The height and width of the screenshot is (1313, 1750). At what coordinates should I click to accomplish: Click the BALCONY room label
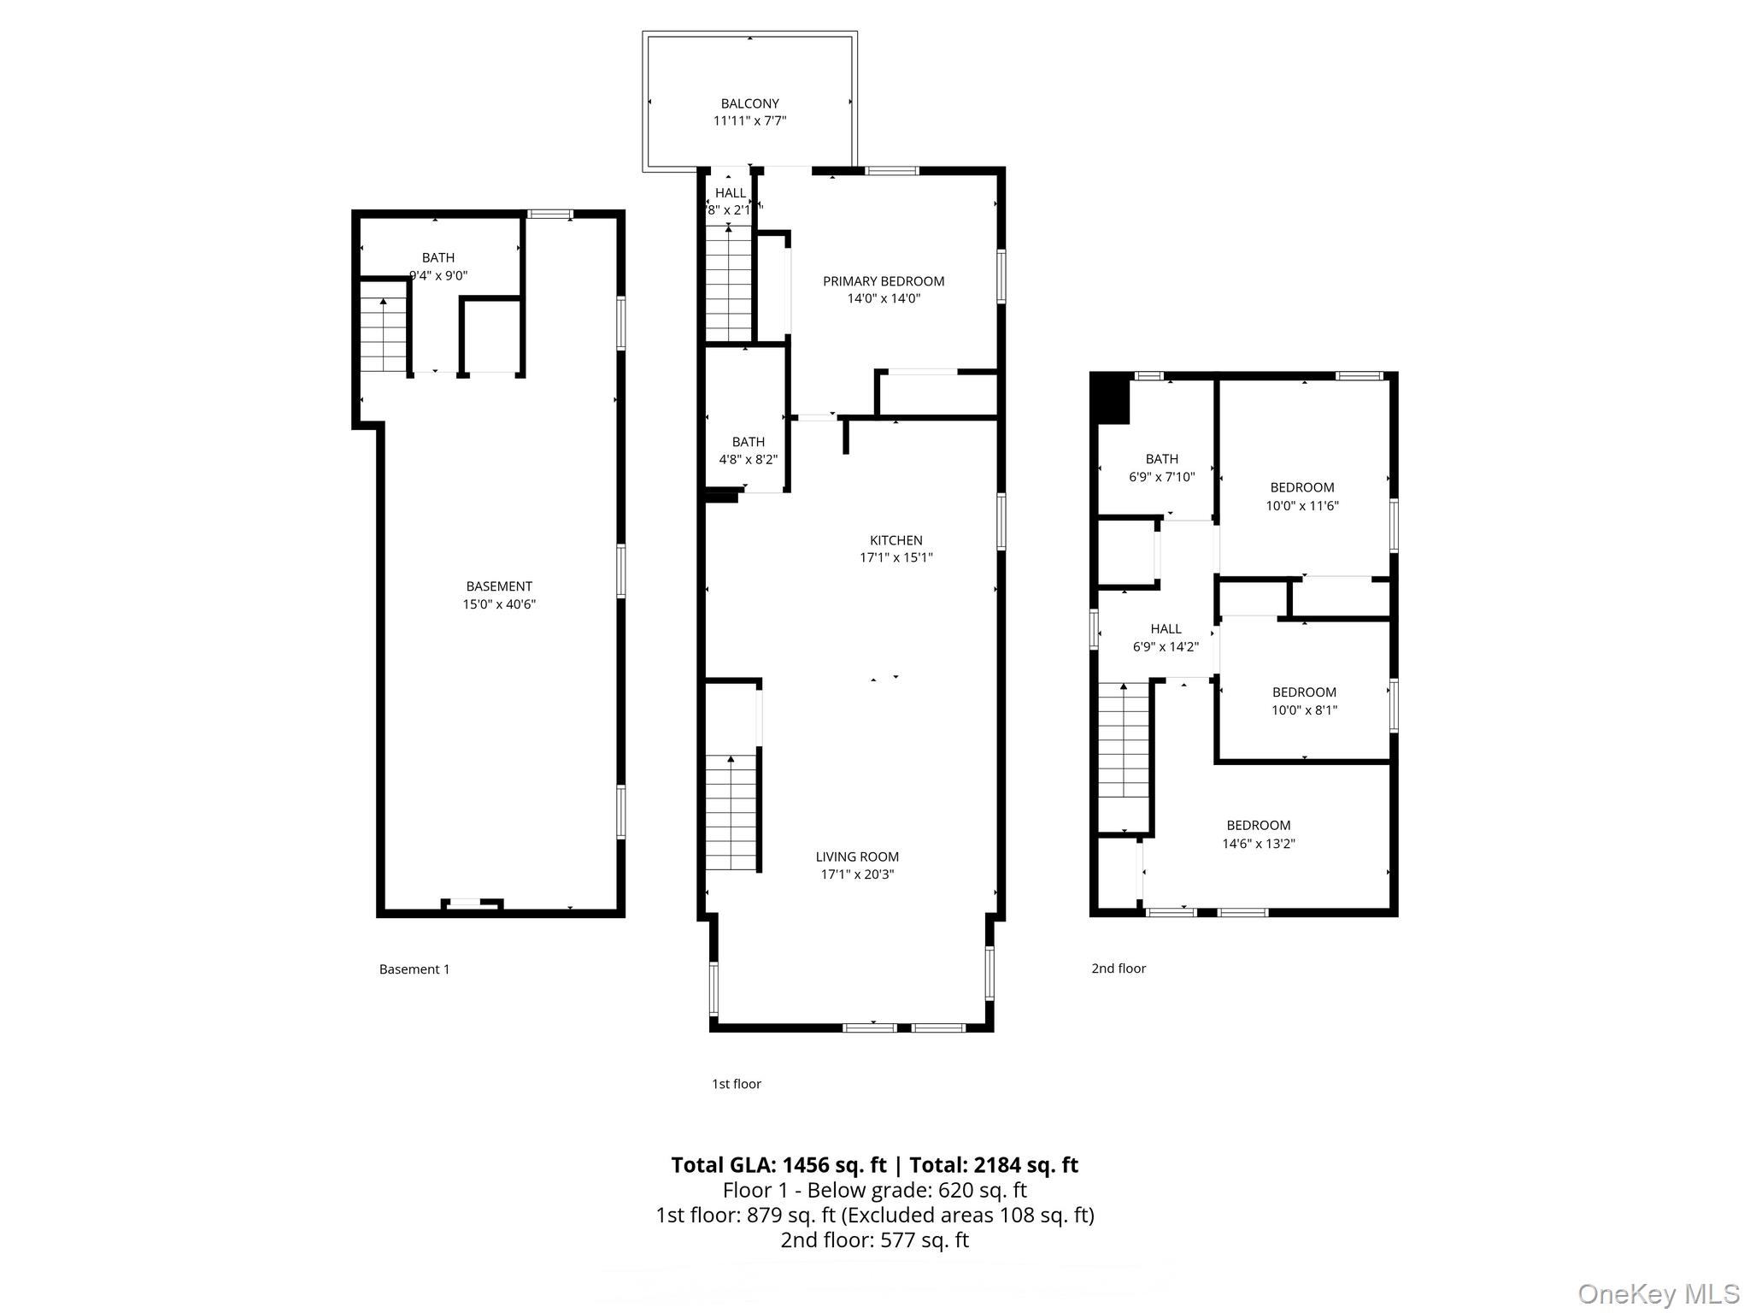(x=749, y=103)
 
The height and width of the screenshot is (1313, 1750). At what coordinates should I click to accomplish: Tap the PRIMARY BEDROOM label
(x=883, y=281)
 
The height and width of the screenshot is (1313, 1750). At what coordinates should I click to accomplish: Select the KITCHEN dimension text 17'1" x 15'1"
(x=896, y=558)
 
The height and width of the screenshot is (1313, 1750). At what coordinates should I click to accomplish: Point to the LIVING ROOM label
(x=857, y=857)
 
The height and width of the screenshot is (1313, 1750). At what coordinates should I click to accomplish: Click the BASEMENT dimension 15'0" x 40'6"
(x=499, y=604)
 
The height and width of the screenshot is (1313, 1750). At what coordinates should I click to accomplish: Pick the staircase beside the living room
(x=731, y=812)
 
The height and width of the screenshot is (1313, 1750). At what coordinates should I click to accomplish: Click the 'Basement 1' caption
(x=414, y=969)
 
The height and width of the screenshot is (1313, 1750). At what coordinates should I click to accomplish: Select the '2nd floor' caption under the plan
(x=1118, y=968)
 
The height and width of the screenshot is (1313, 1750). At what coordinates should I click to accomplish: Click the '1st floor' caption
(x=736, y=1083)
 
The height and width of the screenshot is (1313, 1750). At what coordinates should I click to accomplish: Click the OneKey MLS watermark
(x=1658, y=1293)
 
